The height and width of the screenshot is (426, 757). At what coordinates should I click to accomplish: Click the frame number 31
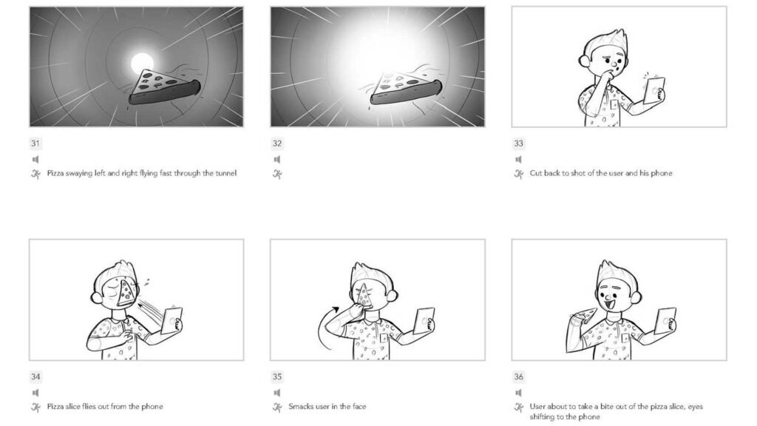35,143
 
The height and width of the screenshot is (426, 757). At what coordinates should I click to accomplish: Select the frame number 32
276,143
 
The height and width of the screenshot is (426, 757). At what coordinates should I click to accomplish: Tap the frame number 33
518,143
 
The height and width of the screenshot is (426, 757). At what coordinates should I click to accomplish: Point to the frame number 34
35,376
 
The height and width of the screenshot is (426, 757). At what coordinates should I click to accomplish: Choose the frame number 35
276,376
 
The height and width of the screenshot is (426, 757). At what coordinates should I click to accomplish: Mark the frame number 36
518,376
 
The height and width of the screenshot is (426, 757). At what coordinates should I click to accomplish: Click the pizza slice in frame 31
164,87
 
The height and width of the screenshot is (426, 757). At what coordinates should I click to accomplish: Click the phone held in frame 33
654,91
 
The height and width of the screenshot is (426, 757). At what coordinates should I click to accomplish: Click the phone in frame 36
666,322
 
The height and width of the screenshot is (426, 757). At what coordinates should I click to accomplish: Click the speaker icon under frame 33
518,159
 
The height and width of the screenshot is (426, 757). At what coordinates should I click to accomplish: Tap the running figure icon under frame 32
276,174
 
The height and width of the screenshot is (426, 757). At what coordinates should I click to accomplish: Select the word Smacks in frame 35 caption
301,407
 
